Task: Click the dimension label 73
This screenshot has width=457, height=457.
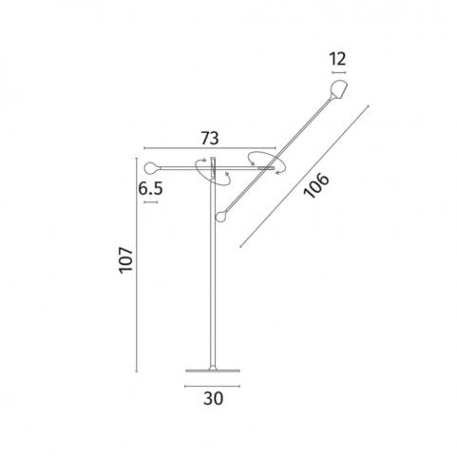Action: coord(210,138)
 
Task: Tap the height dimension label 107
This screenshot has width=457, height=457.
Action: coord(125,259)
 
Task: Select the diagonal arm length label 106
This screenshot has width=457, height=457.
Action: coord(316,185)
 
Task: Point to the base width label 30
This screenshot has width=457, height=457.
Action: coord(213,398)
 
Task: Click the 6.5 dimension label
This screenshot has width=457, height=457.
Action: coord(150,189)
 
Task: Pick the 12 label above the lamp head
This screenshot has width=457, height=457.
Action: coord(337,59)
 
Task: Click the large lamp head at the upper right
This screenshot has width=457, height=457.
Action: coord(338,90)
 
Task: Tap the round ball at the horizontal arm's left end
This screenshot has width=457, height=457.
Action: coord(151,168)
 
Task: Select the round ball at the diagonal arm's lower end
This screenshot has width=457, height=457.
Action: coord(221,217)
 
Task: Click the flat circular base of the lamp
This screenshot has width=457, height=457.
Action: coord(213,371)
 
